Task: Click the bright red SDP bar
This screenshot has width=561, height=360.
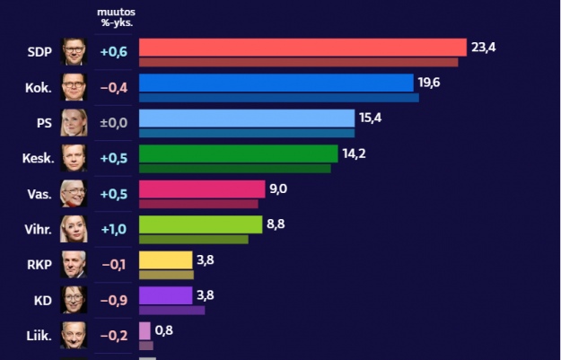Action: click(x=302, y=48)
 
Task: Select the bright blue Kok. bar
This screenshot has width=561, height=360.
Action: click(x=276, y=83)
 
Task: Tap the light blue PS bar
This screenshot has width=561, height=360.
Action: click(x=247, y=119)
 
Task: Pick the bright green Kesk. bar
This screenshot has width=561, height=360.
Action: click(x=238, y=154)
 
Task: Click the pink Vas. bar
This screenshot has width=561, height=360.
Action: click(x=201, y=189)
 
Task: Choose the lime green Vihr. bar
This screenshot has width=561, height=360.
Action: click(x=200, y=224)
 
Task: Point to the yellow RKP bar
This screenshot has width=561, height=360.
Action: click(x=166, y=260)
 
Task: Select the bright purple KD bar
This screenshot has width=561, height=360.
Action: click(x=166, y=295)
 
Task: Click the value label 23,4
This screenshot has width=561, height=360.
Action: click(x=484, y=47)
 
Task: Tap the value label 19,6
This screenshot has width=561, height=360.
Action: click(x=429, y=83)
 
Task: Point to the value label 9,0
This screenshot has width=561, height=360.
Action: click(x=279, y=189)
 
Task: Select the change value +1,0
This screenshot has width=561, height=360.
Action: click(x=113, y=229)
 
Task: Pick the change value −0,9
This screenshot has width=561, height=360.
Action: click(x=113, y=300)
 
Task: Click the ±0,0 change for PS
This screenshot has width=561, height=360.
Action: click(x=113, y=123)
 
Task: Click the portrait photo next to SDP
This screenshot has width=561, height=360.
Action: click(x=74, y=52)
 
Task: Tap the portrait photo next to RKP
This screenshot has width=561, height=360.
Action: click(x=74, y=264)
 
